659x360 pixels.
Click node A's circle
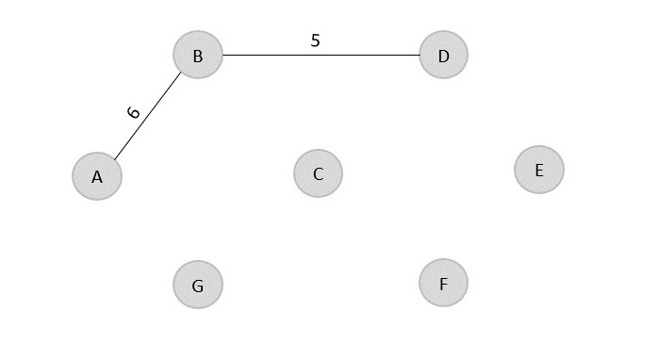(x=97, y=176)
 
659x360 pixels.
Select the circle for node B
(x=197, y=56)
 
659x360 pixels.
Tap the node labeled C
(x=318, y=173)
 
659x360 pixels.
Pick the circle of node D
(x=443, y=56)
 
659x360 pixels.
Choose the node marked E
(x=538, y=170)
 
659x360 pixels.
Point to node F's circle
(x=443, y=284)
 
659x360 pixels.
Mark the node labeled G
(x=197, y=286)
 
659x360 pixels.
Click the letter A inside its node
(x=96, y=177)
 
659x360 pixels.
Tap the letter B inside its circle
(x=197, y=57)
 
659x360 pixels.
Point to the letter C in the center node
(x=318, y=174)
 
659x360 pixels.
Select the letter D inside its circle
(x=443, y=57)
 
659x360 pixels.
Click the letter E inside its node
(x=538, y=171)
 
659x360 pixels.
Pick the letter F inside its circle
(x=443, y=285)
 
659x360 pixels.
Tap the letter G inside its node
(x=197, y=286)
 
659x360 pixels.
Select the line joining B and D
(x=321, y=55)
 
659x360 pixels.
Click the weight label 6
(x=134, y=112)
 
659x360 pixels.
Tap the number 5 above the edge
(x=315, y=41)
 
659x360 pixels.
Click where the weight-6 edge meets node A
(x=114, y=157)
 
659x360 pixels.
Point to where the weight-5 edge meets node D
(x=420, y=55)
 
